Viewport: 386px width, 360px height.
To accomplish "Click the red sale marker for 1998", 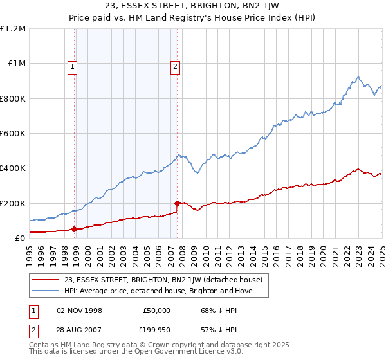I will (x=75, y=229).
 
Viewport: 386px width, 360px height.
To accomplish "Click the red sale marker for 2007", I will (x=177, y=203).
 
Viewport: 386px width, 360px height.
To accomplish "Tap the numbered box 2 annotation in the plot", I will (x=174, y=65).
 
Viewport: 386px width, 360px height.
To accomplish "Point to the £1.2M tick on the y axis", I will (x=13, y=29).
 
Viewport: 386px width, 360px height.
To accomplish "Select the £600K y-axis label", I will (x=13, y=134).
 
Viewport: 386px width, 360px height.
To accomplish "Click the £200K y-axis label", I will (x=13, y=203).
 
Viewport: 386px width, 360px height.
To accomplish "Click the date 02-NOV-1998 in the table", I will (x=80, y=310).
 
